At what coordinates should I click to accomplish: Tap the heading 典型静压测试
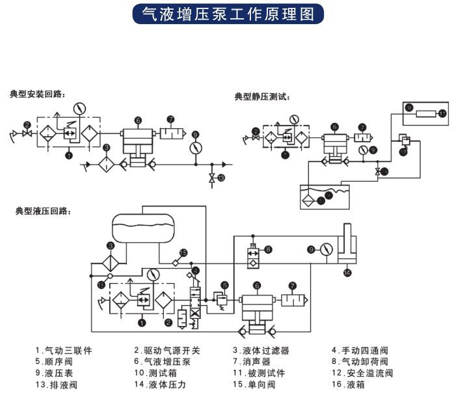[261, 97]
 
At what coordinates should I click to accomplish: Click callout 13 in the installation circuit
[221, 178]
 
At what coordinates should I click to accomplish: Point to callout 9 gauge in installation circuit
[194, 135]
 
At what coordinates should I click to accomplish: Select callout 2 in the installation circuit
[27, 124]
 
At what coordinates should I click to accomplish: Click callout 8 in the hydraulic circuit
[269, 249]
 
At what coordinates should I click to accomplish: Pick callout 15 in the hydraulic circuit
[183, 252]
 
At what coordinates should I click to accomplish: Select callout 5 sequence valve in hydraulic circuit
[224, 285]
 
